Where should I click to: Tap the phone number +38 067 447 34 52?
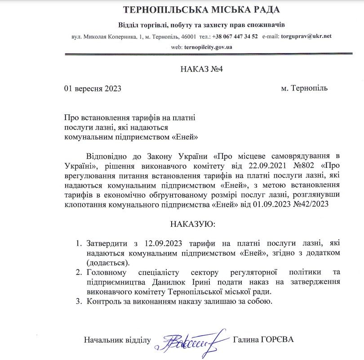235,36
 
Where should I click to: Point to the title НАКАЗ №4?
183,70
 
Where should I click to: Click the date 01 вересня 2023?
93,89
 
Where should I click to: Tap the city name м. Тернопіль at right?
304,88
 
